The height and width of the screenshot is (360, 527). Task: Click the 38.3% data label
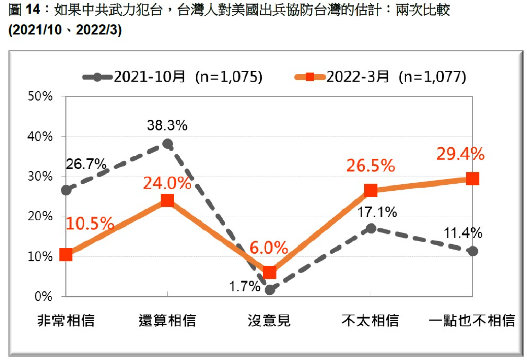click(x=167, y=125)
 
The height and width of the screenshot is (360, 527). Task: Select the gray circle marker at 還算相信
click(x=167, y=144)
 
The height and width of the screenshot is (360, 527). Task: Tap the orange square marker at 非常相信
click(x=66, y=255)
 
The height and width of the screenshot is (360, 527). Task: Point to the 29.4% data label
click(x=460, y=154)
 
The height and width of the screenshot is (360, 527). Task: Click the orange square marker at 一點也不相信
click(x=472, y=179)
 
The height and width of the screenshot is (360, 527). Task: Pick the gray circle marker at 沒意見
click(x=270, y=290)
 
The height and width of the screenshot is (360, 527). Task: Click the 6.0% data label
click(x=269, y=248)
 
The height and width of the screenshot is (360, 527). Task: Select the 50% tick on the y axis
click(x=40, y=96)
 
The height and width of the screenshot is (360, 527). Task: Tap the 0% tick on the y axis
click(x=44, y=296)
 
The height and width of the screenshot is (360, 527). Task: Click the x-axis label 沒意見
click(x=269, y=321)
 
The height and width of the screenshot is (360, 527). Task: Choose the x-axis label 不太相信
click(x=370, y=321)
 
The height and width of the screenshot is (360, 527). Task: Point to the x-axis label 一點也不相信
click(x=472, y=321)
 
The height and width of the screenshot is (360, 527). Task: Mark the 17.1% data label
click(x=377, y=212)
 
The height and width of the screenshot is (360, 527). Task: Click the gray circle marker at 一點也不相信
click(x=472, y=251)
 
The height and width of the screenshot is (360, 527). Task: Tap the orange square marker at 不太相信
click(x=371, y=190)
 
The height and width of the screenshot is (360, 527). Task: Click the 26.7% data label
click(x=86, y=164)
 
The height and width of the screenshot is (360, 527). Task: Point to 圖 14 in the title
click(x=24, y=10)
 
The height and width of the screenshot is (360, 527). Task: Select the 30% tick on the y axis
click(x=40, y=177)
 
